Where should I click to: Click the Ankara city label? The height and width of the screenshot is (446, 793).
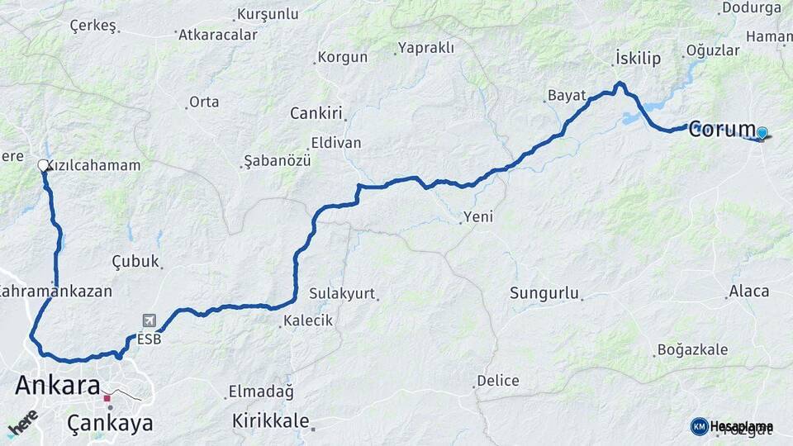point(58,386)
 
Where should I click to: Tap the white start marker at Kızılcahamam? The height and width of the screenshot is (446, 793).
point(44,165)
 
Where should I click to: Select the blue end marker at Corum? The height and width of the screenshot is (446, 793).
point(762,132)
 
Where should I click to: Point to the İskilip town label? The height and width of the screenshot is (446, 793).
point(638,58)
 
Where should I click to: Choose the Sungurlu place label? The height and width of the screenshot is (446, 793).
point(544,293)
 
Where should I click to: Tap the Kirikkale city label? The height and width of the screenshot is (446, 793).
point(271,419)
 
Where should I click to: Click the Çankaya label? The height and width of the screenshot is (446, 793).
point(110,424)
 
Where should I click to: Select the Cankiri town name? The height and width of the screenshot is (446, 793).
point(316,113)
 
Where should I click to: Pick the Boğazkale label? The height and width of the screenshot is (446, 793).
point(692,349)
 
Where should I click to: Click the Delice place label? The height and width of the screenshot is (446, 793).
point(497,381)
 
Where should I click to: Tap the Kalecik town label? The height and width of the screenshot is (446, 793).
point(308,320)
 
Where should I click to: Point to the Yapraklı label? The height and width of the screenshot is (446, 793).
point(425,48)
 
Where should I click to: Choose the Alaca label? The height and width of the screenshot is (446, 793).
point(748,291)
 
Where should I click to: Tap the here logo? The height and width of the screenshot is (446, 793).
point(23,423)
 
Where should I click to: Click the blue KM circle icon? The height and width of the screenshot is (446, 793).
point(700,426)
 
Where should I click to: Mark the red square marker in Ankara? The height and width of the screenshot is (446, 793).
point(107,398)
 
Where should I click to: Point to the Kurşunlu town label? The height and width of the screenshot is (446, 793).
point(268,14)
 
